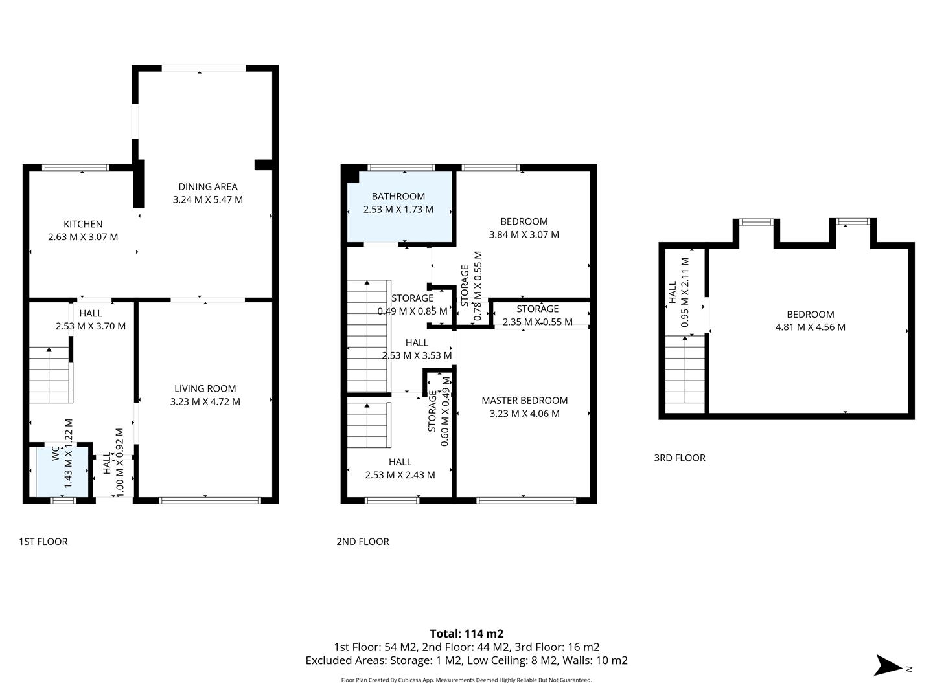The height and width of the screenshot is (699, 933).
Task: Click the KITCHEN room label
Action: [83, 224]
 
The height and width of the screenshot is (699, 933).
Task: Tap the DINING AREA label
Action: [208, 187]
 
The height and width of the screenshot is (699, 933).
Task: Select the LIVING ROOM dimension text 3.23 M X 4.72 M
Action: [205, 402]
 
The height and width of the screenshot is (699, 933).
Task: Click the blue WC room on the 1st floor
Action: [62, 471]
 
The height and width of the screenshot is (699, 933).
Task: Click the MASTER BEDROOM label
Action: [524, 401]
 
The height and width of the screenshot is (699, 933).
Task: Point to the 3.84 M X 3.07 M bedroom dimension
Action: [524, 235]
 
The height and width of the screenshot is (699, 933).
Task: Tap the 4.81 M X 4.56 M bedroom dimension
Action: [810, 327]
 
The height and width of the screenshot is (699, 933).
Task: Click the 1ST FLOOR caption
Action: [43, 542]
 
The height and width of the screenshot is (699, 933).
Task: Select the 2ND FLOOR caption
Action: [363, 542]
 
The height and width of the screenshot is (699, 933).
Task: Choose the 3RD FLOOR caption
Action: [680, 458]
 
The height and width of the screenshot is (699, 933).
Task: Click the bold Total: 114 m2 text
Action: [466, 634]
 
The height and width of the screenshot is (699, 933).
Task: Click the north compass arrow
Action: [888, 666]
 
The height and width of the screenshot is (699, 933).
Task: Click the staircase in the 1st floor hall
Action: [50, 375]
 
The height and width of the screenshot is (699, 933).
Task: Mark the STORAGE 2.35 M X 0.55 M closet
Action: [538, 315]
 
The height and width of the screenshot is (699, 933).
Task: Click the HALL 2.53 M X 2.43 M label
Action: [400, 469]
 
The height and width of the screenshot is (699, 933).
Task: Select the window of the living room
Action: [210, 500]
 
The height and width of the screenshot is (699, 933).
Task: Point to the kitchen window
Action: [76, 168]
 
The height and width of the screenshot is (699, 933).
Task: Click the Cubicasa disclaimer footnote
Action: [466, 680]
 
